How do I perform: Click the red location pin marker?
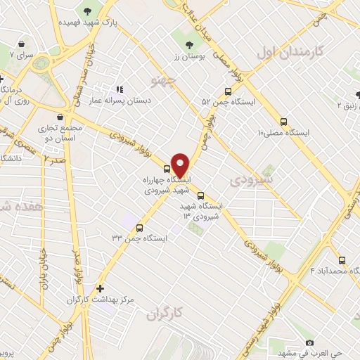(180, 165)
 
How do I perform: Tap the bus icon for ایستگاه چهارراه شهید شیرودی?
(167, 168)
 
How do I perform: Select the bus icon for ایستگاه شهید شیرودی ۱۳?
(201, 196)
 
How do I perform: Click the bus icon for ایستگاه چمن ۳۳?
(139, 228)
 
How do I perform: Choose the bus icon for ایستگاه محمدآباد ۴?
(342, 260)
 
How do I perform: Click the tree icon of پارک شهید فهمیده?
(87, 11)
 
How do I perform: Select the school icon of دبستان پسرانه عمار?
(120, 90)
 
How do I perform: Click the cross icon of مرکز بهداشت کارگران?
(101, 288)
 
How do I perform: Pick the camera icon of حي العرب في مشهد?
(309, 342)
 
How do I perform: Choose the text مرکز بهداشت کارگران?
(70, 300)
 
